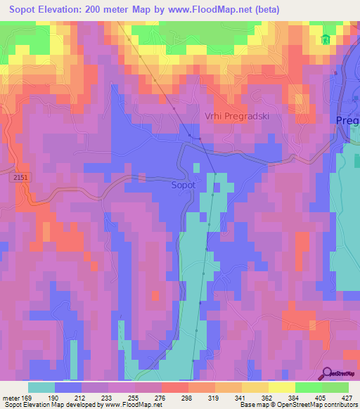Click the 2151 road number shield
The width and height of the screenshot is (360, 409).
pos(20,181)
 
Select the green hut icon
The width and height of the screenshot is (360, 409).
pos(325,40)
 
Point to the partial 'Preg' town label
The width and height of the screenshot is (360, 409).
pos(347,120)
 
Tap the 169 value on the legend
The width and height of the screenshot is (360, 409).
pos(27,397)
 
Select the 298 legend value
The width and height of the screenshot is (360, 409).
pos(187,397)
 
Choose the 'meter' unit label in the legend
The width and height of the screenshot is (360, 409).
pos(10,397)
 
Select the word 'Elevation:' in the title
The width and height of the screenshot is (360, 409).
pos(70,10)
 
